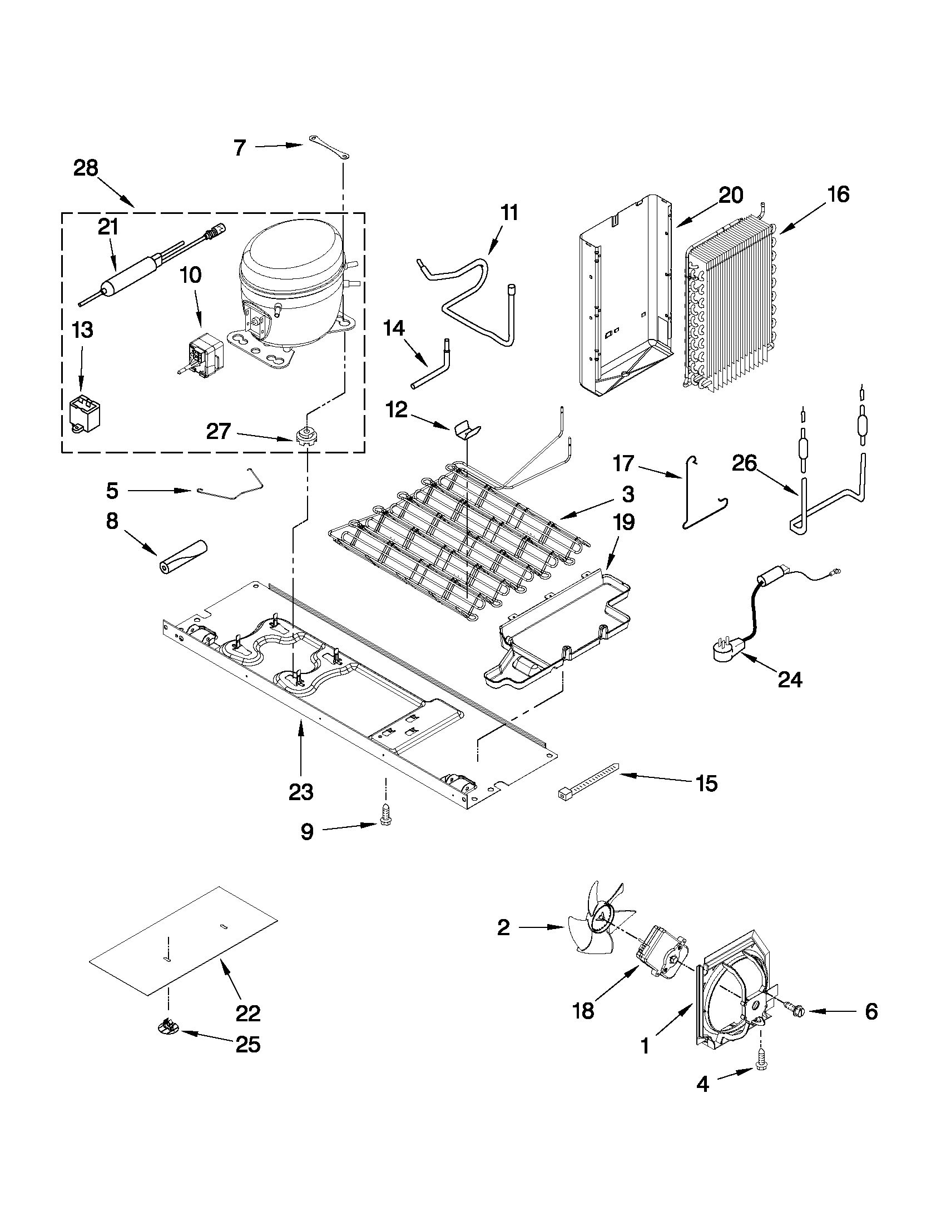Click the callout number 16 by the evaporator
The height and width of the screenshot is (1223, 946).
(839, 194)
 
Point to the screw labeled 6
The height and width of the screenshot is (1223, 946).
(795, 1009)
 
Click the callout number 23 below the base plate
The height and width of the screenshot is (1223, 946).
(301, 792)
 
